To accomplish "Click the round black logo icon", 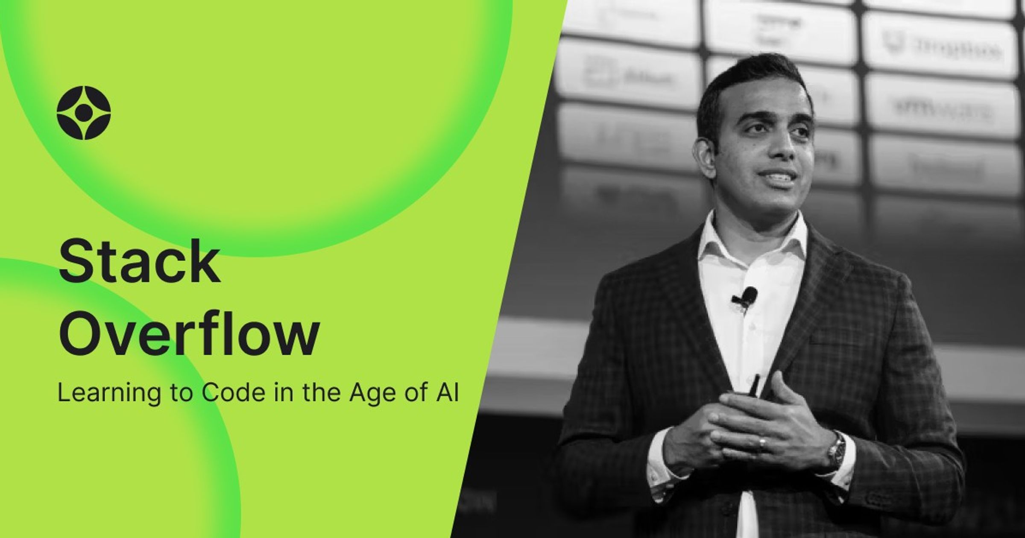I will pos(84,113).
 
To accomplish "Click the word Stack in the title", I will pos(139,263).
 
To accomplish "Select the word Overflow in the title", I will pos(188,334).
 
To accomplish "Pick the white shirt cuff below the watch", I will pos(843,474).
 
